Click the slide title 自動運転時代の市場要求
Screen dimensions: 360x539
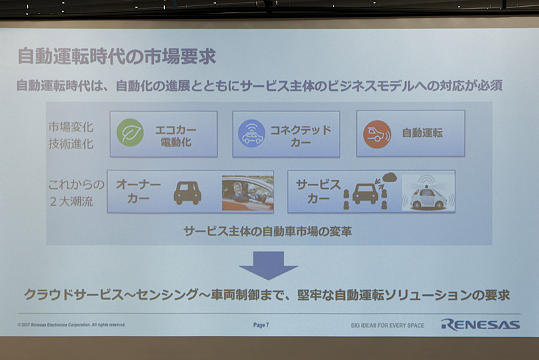(116, 57)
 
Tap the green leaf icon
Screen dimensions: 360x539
(130, 133)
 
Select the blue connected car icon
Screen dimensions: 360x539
(251, 133)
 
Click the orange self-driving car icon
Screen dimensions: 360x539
(376, 133)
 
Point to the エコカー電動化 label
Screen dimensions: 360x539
(173, 133)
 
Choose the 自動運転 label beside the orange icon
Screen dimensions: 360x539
(422, 133)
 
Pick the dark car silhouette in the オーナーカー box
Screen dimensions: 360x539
(187, 193)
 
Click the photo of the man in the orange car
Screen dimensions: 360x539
(247, 192)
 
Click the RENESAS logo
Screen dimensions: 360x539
(480, 324)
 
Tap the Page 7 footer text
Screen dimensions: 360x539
(261, 325)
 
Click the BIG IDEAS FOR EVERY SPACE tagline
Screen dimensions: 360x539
(387, 325)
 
